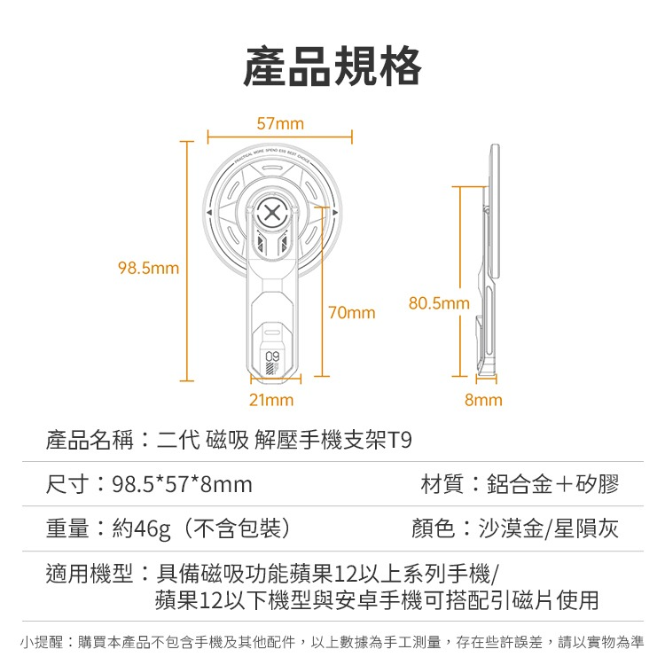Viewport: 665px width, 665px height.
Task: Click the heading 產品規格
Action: [x=332, y=66]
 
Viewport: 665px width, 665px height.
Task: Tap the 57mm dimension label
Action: [x=280, y=123]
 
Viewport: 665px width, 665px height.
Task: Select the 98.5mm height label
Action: [x=148, y=268]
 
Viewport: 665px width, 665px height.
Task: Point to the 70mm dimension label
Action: [x=352, y=313]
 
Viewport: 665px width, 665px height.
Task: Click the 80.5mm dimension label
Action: [x=440, y=303]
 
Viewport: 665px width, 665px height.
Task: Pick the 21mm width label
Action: [x=271, y=400]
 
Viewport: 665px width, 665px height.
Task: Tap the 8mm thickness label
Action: [x=483, y=400]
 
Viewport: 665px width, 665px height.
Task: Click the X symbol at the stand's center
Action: [x=272, y=212]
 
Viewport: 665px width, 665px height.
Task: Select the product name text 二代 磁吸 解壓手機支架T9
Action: [x=284, y=440]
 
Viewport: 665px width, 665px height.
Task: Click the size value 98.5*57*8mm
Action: [x=183, y=484]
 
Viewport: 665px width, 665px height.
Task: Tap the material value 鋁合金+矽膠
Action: [x=553, y=484]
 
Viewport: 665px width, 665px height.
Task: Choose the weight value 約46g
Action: [x=141, y=529]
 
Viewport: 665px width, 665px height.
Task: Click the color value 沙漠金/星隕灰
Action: [x=549, y=528]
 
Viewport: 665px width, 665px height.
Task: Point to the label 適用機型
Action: [x=90, y=574]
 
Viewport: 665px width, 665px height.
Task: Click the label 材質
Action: [x=442, y=484]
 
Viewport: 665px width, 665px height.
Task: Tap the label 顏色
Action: [x=434, y=528]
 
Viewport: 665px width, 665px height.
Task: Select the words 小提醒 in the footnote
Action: [x=42, y=642]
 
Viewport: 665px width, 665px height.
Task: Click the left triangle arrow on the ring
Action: [x=209, y=212]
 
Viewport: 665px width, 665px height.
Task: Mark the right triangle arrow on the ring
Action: [x=335, y=212]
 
